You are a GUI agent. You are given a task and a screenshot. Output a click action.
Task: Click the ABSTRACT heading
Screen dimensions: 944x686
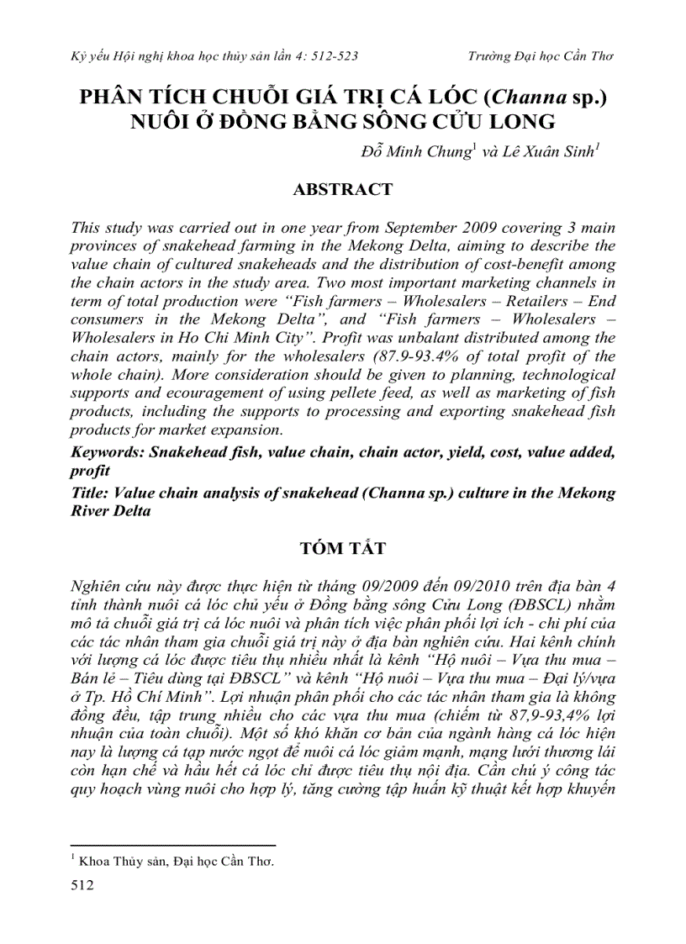[342, 190]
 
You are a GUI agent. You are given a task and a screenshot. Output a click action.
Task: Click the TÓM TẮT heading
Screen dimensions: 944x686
[342, 549]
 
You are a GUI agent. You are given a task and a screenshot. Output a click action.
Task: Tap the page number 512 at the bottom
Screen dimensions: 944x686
[83, 884]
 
